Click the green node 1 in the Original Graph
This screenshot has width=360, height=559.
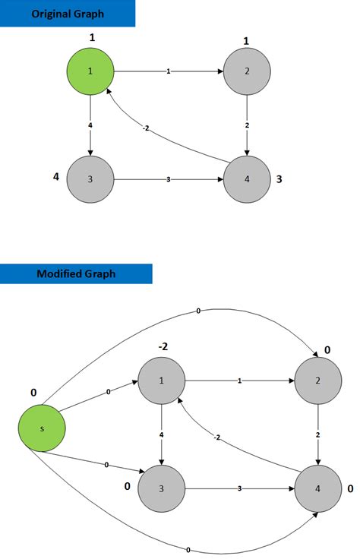[x=90, y=71]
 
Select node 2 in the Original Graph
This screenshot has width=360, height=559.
[x=246, y=71]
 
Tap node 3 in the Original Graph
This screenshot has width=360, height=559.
[x=90, y=180]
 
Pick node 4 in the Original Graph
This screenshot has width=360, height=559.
[x=246, y=180]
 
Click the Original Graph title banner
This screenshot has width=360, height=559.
[x=67, y=14]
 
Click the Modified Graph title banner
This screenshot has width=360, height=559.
[x=76, y=273]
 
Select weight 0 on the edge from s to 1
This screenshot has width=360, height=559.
[x=109, y=392]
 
